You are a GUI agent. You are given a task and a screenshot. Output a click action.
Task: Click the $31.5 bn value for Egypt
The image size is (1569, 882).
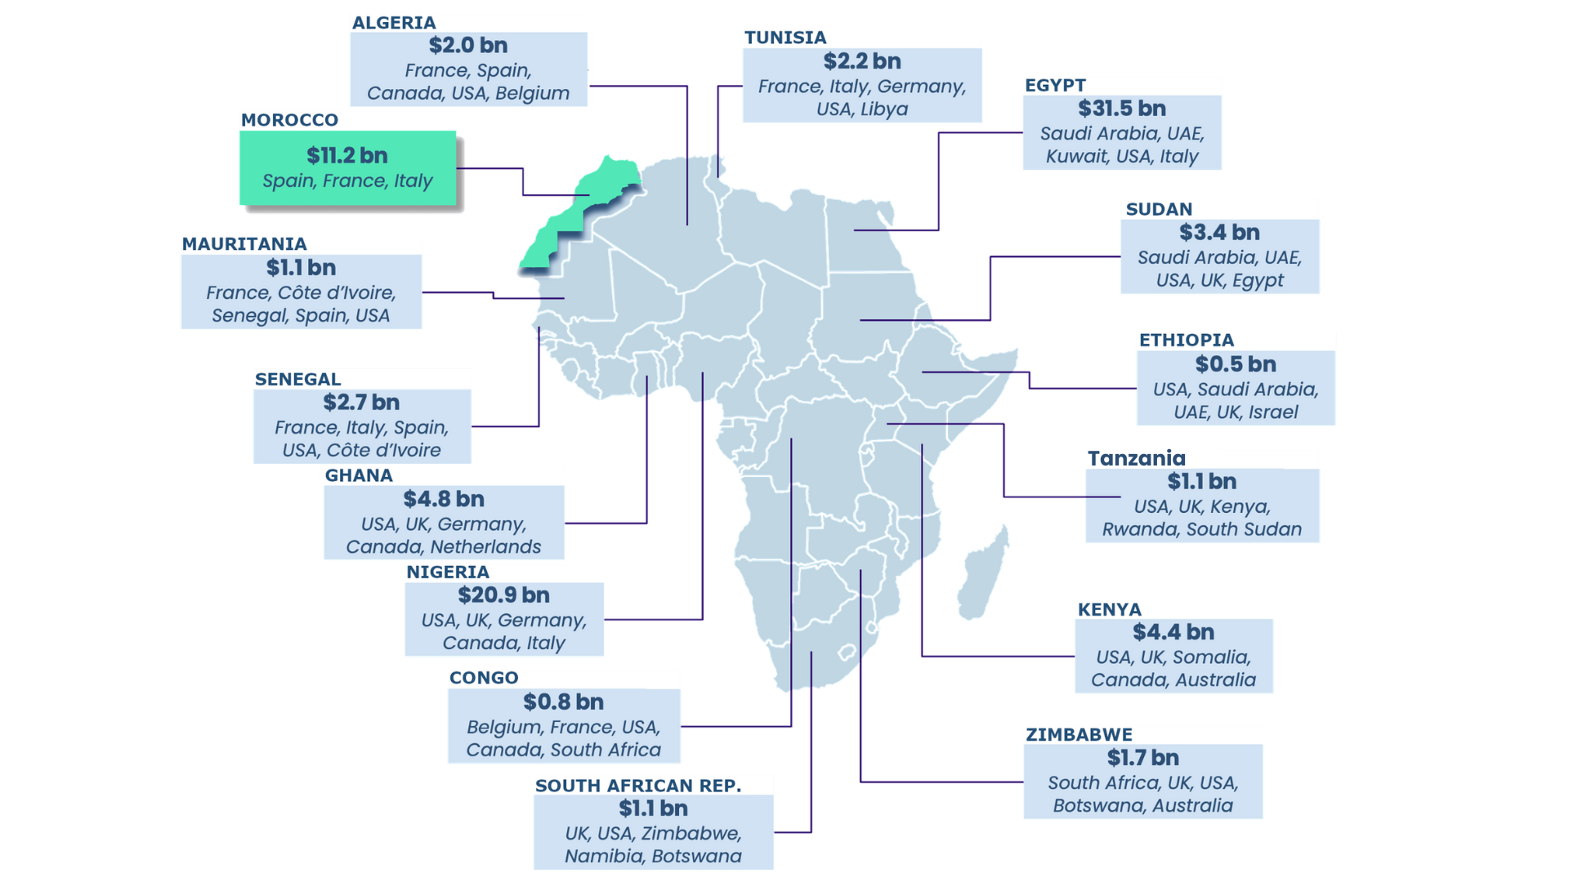(1121, 109)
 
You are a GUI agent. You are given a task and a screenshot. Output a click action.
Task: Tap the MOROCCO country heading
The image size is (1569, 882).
(289, 120)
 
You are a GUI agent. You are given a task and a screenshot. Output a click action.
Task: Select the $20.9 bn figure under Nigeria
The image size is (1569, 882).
(503, 595)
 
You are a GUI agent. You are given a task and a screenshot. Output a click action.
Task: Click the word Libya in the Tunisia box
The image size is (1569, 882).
(884, 109)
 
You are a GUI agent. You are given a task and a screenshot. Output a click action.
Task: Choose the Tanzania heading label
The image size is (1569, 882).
(1136, 458)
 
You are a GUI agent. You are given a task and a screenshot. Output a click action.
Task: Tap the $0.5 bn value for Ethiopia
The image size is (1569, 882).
(1235, 364)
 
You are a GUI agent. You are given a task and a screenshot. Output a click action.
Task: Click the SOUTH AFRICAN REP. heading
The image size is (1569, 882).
(637, 786)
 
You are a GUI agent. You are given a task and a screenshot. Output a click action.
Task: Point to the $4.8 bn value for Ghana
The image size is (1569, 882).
(443, 499)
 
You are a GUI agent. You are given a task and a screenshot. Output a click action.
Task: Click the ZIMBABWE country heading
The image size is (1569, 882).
(1079, 735)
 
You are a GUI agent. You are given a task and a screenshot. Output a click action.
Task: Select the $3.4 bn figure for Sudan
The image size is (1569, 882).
(1218, 233)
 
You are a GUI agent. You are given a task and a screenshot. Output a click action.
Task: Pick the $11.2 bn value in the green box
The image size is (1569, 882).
(346, 155)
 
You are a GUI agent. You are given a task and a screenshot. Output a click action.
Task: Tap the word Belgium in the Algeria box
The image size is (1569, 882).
(532, 94)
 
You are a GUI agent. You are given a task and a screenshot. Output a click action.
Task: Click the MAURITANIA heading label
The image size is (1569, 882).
(244, 244)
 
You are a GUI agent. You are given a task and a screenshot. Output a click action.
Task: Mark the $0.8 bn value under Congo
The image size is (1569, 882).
(563, 702)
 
